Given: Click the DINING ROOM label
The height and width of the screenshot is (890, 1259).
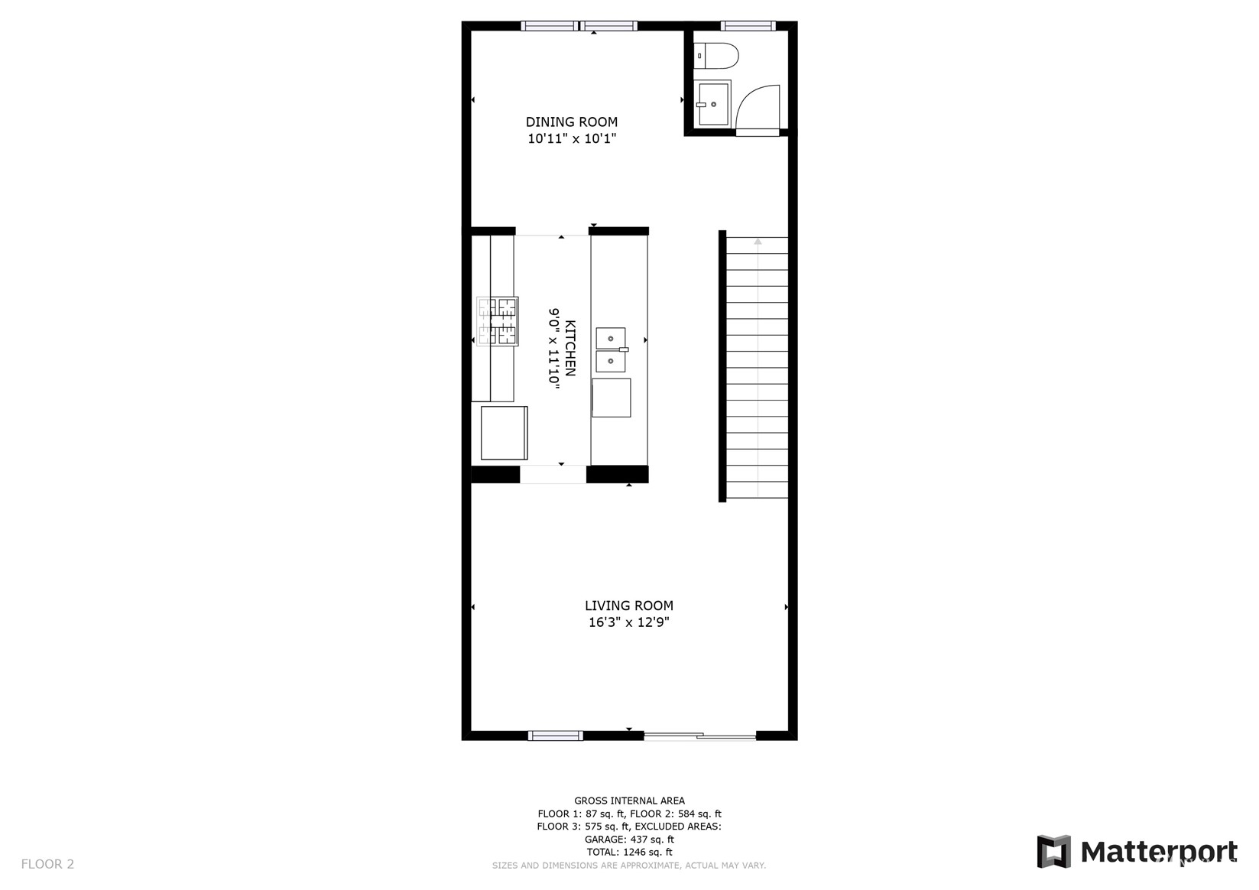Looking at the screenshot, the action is pos(572,122).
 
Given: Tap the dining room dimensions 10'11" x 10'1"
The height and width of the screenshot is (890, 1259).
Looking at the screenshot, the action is pos(572,138).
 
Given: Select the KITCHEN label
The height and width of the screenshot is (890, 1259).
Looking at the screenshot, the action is pos(570,348).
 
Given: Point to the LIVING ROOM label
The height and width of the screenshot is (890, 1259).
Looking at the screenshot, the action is pos(629,606).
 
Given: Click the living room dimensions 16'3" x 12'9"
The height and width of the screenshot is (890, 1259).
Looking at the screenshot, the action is pos(629,622).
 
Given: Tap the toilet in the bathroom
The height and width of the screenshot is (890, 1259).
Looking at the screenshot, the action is pos(716,56).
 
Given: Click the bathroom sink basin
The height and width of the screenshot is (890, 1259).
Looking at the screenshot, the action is pos(712,104).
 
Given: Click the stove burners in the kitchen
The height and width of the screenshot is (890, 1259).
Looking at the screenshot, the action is pos(498,321).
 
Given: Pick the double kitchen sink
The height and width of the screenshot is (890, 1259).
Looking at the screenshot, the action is pos(611,349).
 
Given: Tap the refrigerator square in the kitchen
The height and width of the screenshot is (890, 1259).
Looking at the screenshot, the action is pos(505,433).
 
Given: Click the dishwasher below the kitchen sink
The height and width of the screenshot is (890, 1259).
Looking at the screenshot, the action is pos(611,398).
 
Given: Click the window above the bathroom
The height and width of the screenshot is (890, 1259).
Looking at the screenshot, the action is pos(748,26).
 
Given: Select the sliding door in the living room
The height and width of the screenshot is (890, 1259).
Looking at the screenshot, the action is pos(699,736).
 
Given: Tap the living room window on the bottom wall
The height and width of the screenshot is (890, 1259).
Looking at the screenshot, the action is pos(555,736).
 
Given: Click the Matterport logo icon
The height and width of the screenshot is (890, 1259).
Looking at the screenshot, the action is pos(1054,852).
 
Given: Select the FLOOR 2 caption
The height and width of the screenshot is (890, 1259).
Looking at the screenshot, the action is pos(47,864).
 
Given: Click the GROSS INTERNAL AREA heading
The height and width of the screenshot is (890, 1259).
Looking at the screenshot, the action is pos(630,801).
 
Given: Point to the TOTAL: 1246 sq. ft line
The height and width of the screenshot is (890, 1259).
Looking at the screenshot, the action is pos(630,852).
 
